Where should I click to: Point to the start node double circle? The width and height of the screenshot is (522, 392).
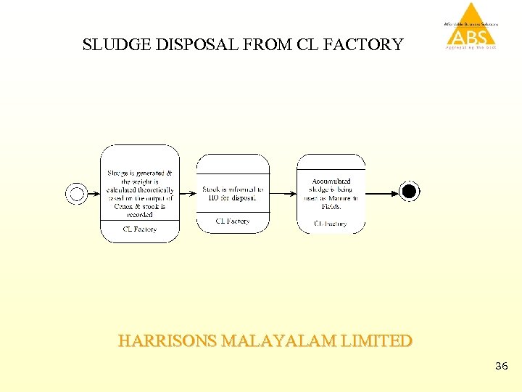[x=76, y=193]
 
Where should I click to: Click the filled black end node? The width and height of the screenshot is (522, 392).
[x=410, y=192]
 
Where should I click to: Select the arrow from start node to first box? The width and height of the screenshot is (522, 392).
[x=92, y=193]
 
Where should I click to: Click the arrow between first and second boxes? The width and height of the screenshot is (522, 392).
[x=188, y=193]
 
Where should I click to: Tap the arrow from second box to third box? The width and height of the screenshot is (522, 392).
[x=283, y=193]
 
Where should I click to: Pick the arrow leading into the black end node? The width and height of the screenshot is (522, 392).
[x=382, y=193]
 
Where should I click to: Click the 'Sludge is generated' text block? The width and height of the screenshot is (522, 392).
[x=140, y=193]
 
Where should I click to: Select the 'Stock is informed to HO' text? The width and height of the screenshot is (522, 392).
[x=233, y=193]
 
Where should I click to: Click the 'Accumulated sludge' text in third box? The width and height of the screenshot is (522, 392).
[x=331, y=193]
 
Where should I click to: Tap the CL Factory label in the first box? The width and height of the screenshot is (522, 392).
[x=140, y=229]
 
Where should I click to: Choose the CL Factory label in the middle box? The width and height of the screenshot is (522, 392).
[x=233, y=221]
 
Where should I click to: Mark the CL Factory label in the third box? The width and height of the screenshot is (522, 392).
[x=331, y=224]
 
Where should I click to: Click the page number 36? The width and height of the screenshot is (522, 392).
[x=502, y=367]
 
